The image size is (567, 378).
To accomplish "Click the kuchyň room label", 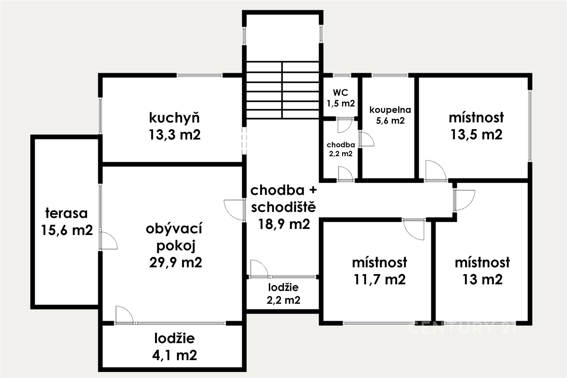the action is (174, 118).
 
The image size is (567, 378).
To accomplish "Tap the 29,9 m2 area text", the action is (176, 262).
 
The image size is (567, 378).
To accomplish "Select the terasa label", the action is (66, 213).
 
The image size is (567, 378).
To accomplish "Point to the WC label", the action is (340, 92).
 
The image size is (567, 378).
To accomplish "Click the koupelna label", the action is (390, 110).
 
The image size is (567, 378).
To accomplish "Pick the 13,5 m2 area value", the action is (476, 135).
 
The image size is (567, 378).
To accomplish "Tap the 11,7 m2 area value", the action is (380, 279).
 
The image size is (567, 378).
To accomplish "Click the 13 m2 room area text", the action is (482, 279).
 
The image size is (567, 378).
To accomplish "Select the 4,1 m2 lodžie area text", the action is (175, 355).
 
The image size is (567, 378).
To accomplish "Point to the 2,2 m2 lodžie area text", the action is (283, 300).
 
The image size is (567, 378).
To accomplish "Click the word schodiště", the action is (283, 207).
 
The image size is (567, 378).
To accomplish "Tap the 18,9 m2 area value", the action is (284, 224).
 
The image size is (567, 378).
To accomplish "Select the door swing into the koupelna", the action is (367, 139).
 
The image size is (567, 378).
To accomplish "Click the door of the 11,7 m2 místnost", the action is (413, 229).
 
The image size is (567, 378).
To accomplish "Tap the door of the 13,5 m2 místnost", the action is (436, 170).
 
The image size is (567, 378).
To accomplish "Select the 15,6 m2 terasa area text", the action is (67, 230).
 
